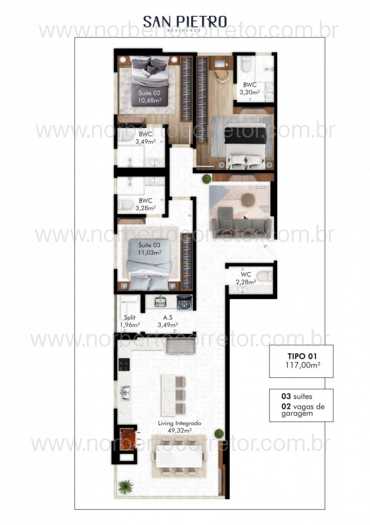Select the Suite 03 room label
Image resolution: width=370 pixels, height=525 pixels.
tap(150, 248)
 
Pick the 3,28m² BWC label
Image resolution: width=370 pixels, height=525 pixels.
tap(145, 204)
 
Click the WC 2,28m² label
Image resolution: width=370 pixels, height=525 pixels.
tap(245, 278)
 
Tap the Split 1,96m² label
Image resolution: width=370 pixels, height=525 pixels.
tap(129, 321)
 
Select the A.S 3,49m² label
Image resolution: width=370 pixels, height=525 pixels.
tap(168, 321)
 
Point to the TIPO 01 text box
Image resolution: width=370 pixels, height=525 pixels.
tap(301, 361)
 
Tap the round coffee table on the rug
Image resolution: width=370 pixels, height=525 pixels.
tap(248, 199)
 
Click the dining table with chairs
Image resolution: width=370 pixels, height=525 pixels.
tap(179, 458)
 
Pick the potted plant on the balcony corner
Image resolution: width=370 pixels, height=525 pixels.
tap(125, 487)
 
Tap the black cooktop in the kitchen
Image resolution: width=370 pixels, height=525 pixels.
tap(124, 364)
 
